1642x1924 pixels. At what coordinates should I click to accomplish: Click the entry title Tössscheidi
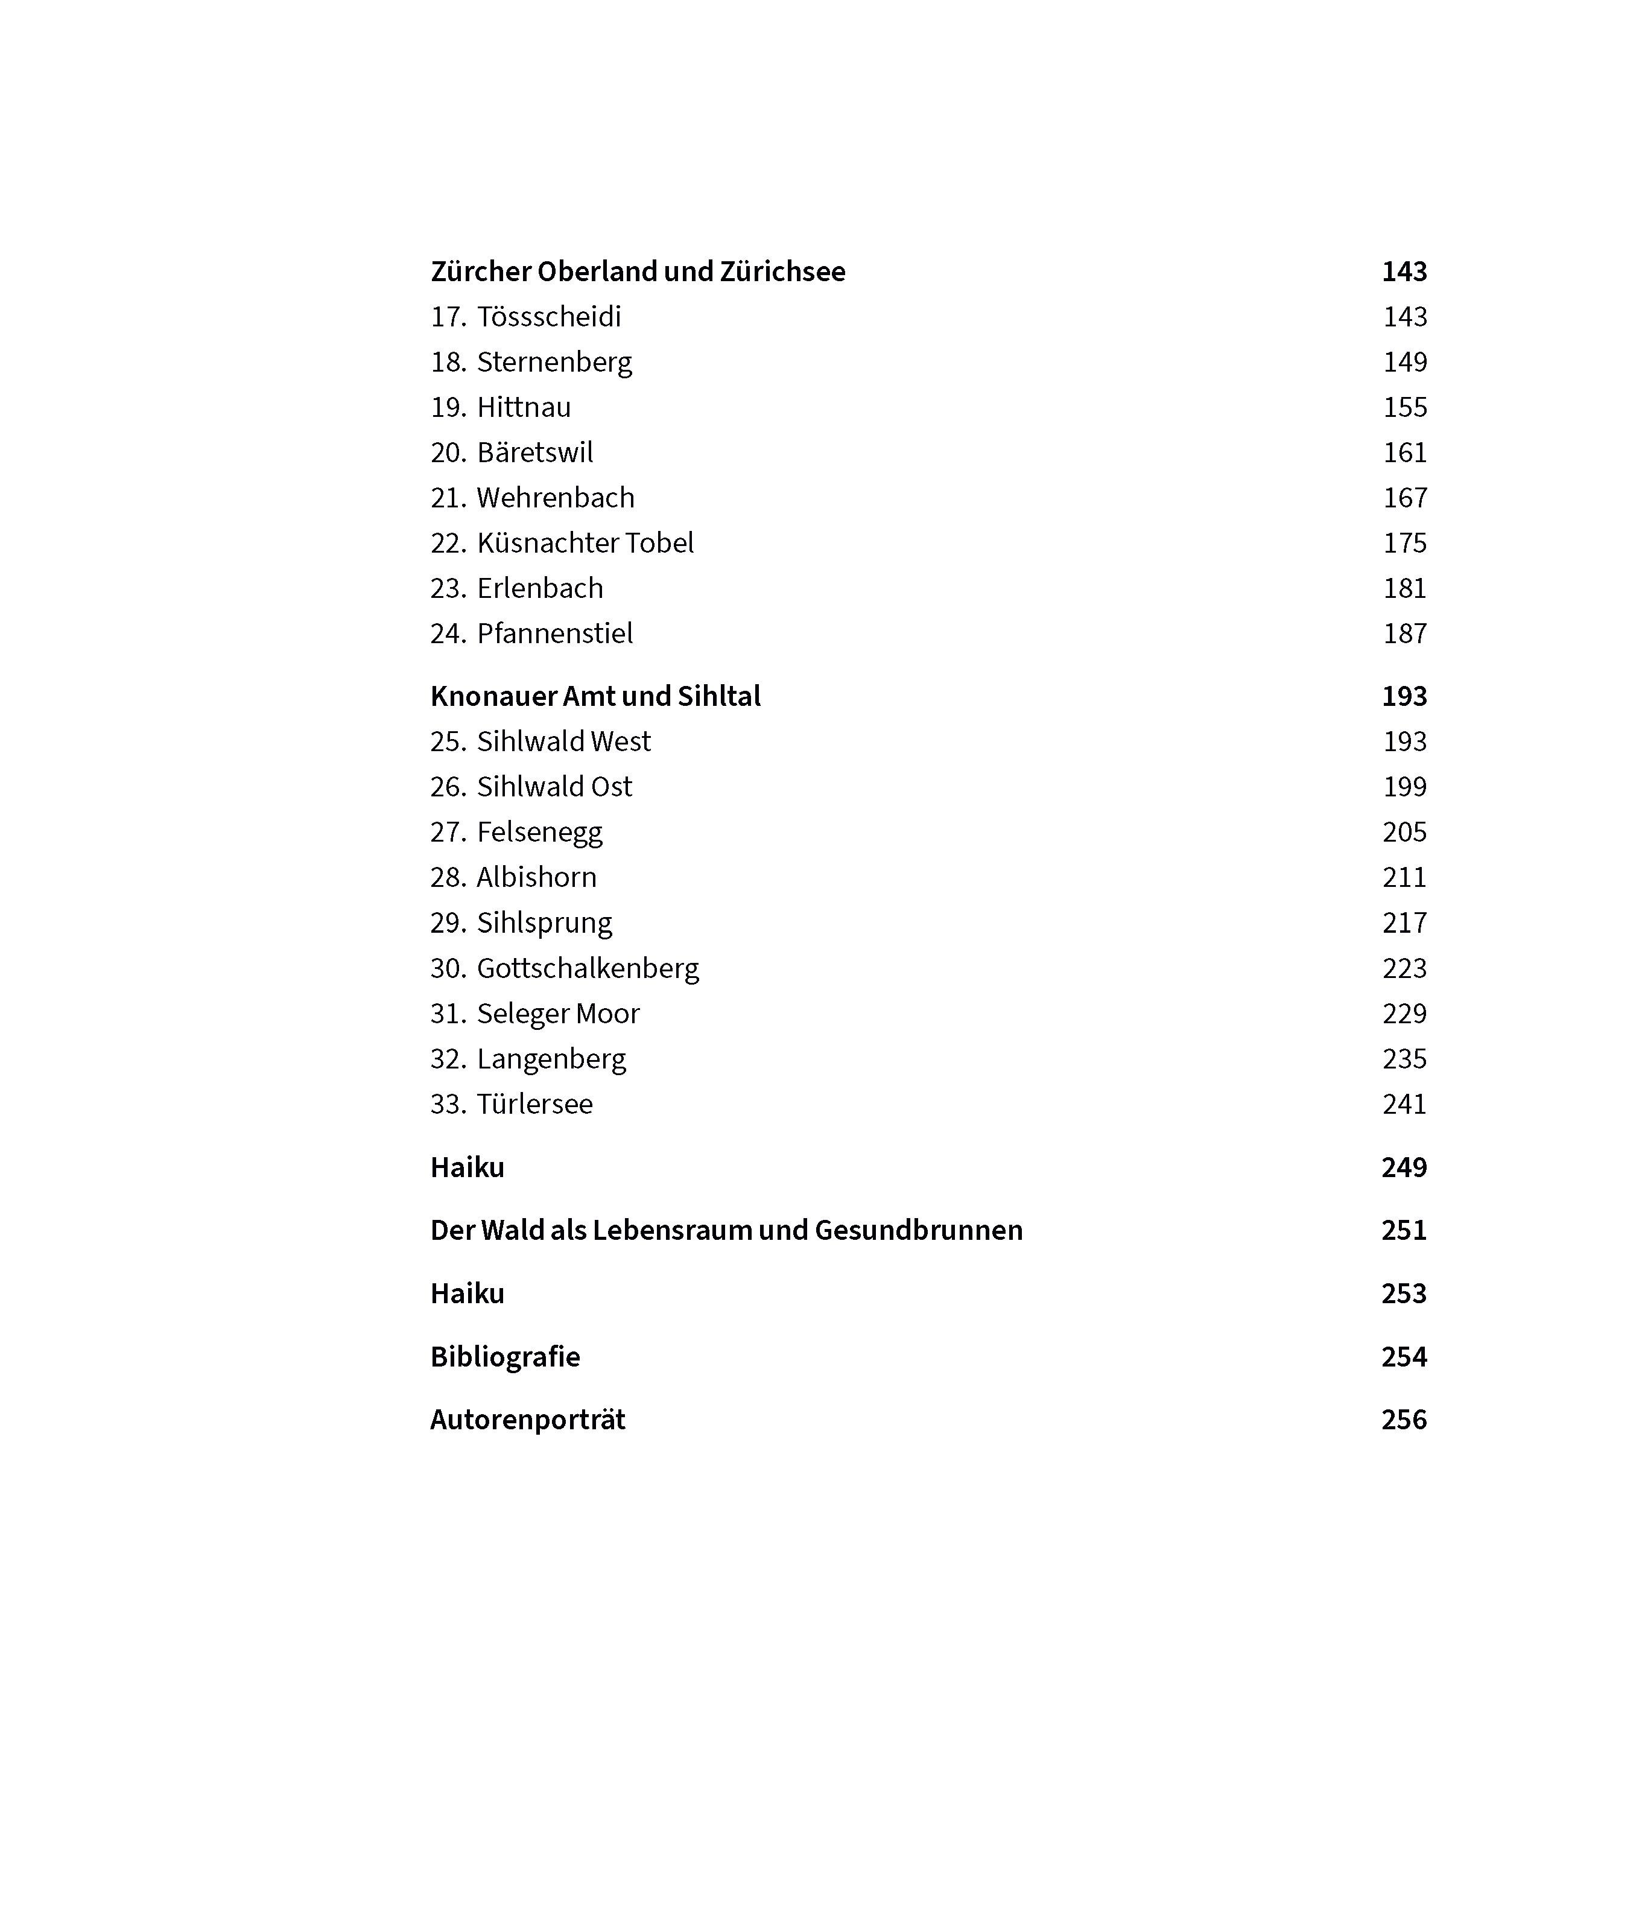pos(548,317)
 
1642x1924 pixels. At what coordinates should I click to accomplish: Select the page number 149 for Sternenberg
pos(1404,362)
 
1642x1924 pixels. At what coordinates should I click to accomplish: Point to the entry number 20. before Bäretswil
pos(448,453)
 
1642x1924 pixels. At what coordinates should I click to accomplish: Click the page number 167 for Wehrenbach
pos(1404,498)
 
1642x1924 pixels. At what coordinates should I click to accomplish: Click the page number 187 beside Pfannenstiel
pos(1404,634)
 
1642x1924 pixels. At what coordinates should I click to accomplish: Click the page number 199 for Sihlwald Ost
pos(1404,787)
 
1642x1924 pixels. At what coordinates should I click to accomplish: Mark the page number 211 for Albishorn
pos(1404,877)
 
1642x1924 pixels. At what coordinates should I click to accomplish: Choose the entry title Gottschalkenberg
pos(588,968)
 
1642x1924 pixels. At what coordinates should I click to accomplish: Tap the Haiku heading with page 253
pos(467,1294)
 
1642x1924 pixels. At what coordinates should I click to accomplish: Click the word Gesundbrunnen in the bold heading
pos(918,1230)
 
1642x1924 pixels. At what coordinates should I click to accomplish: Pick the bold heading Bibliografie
pos(505,1357)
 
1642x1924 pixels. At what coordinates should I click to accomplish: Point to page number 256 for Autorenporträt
pos(1404,1420)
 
